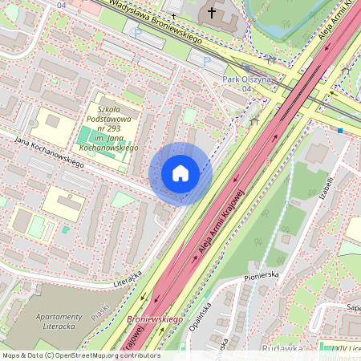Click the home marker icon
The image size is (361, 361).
pyautogui.click(x=180, y=173)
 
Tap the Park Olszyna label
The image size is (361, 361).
pyautogui.click(x=247, y=79)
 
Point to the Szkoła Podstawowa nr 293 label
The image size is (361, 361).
pyautogui.click(x=117, y=128)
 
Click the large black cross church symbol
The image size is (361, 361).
pyautogui.click(x=212, y=13)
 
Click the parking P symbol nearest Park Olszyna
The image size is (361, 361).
pyautogui.click(x=207, y=62)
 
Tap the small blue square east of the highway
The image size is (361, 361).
pyautogui.click(x=341, y=130)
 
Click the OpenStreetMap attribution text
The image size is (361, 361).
pyautogui.click(x=80, y=355)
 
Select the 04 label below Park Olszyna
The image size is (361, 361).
pyautogui.click(x=246, y=89)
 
